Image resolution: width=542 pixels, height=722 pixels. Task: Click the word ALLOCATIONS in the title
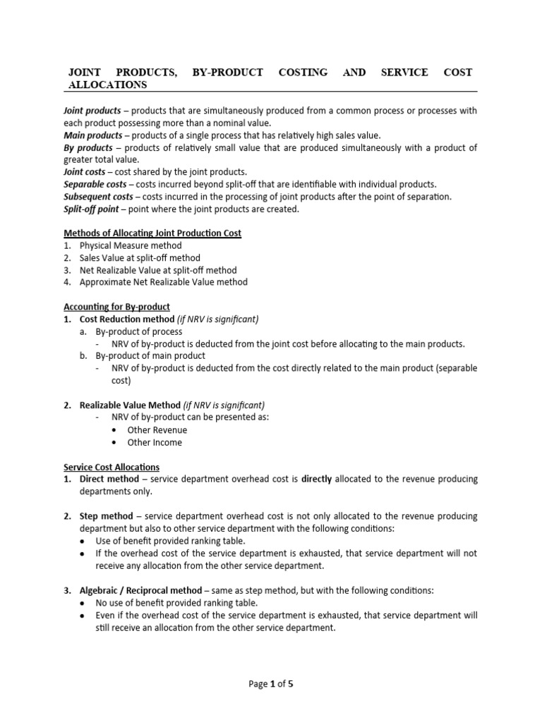click(x=107, y=85)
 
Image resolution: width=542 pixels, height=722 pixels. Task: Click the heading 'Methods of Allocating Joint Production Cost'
click(x=152, y=233)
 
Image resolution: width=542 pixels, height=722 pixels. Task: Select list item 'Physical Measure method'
click(x=131, y=246)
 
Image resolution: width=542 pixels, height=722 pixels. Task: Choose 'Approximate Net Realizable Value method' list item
click(x=164, y=282)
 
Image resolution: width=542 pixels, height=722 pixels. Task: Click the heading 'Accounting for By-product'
click(x=116, y=307)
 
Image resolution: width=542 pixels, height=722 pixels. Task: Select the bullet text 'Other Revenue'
click(x=157, y=430)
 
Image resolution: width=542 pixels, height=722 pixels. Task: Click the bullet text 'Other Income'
click(x=155, y=443)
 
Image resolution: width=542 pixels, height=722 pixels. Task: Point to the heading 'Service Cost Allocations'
click(x=112, y=467)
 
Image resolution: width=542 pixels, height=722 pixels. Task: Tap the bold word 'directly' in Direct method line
click(x=317, y=479)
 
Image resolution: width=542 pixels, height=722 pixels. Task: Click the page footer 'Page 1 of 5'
click(x=271, y=684)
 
